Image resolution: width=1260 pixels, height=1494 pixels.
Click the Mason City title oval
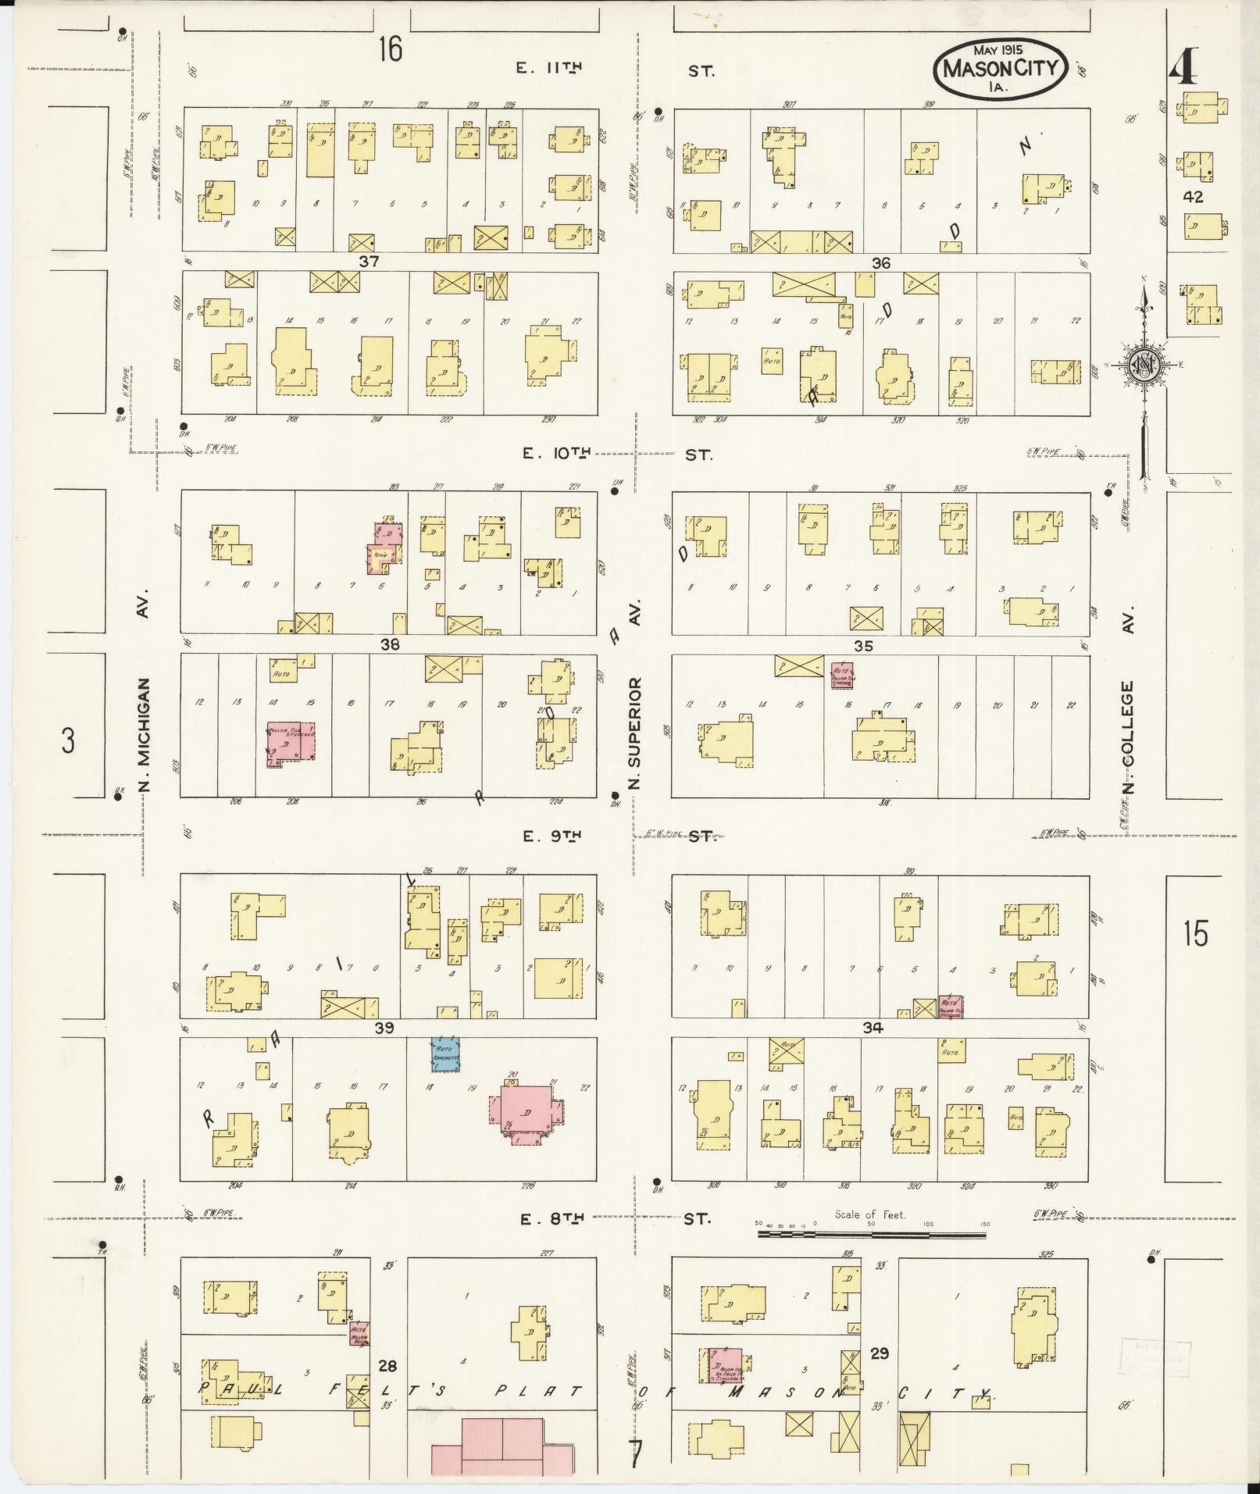coord(1001,68)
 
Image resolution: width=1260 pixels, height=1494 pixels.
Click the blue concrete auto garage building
coord(446,1055)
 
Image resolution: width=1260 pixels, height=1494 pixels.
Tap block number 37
coord(368,262)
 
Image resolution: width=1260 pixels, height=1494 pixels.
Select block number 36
coord(881,263)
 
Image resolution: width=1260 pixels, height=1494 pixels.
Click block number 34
coord(873,1029)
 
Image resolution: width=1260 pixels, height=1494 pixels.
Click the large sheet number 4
coord(1183,71)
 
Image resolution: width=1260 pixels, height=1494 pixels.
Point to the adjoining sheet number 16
coord(390,49)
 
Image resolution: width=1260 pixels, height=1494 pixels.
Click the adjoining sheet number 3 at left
coord(69,740)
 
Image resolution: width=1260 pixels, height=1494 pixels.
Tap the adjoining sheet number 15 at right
coord(1195,934)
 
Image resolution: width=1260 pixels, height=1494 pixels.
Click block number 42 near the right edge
coord(1193,197)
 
